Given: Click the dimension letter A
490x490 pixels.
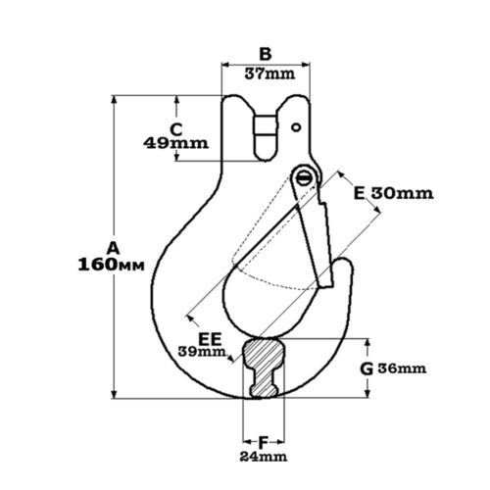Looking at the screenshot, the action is click(114, 248).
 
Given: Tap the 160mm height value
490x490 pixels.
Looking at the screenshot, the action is click(111, 265).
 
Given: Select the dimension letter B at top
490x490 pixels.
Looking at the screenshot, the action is click(266, 54).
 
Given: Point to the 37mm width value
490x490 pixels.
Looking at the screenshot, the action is click(269, 73).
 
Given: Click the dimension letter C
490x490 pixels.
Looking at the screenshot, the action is click(176, 129).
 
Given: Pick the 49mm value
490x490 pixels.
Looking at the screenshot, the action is click(175, 143).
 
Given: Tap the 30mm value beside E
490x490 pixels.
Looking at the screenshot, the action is click(403, 193).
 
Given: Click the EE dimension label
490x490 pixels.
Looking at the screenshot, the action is click(210, 339).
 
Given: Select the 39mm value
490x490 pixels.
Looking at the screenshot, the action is click(202, 352).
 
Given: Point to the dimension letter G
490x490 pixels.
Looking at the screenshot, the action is click(367, 369).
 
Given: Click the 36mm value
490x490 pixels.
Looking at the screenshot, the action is click(402, 368).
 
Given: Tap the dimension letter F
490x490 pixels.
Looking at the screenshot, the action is click(263, 443).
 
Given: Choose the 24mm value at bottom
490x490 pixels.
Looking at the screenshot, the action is click(264, 457).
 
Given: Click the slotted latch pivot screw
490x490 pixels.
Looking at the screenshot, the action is click(305, 178).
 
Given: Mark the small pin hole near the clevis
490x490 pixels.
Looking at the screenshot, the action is click(296, 127).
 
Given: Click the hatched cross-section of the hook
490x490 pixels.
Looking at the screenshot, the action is click(264, 368).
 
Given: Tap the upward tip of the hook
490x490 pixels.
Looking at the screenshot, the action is click(344, 259).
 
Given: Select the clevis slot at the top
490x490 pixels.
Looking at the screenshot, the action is click(266, 137).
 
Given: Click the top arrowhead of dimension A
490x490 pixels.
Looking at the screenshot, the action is click(114, 99).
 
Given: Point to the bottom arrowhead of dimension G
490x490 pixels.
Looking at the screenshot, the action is click(367, 394).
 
